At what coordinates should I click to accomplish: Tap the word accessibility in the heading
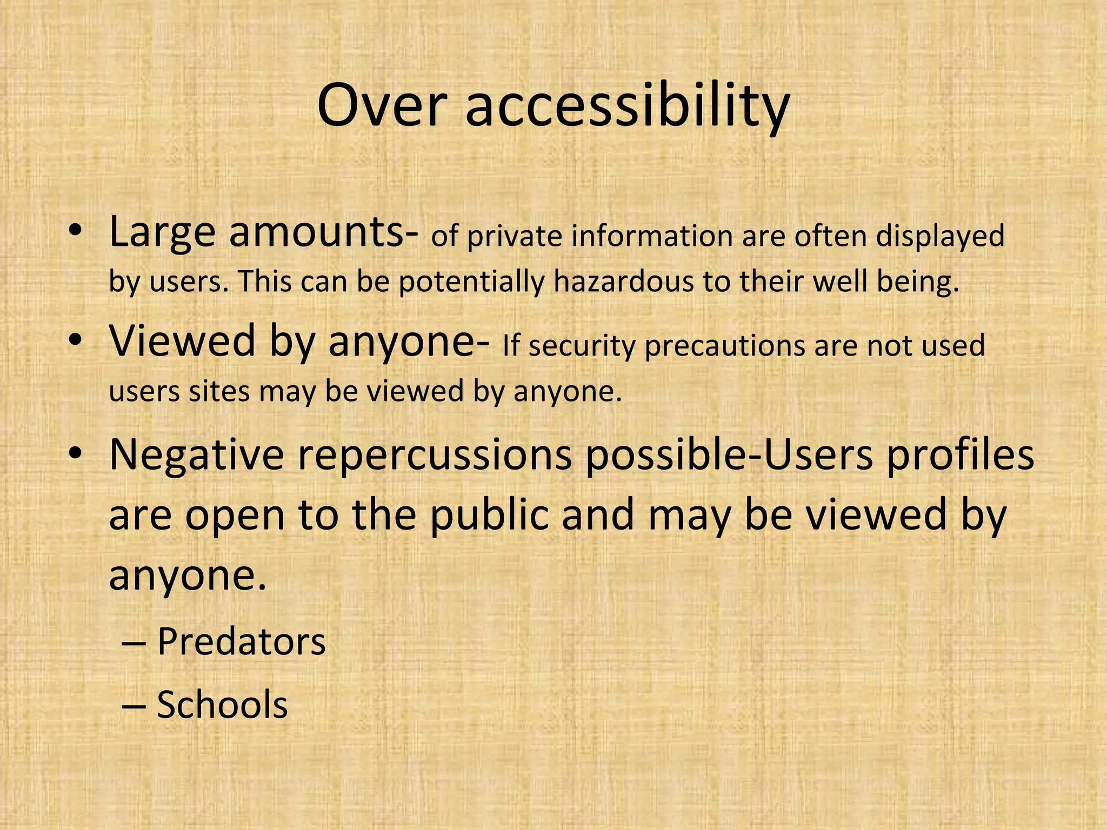tap(628, 105)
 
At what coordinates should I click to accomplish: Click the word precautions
tap(725, 346)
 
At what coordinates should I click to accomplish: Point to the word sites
tap(219, 391)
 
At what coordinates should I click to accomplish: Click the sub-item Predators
tap(241, 641)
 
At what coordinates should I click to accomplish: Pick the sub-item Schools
tap(222, 705)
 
